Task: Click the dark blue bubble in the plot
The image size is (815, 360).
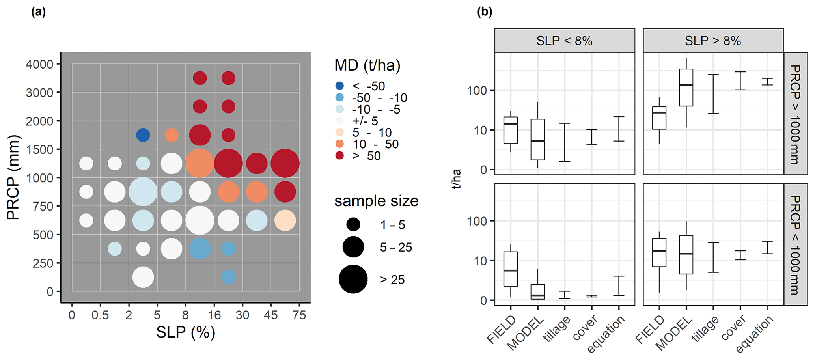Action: pos(143,135)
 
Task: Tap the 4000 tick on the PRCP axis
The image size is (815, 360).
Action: pos(39,64)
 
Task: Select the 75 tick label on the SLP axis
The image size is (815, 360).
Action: pos(299,315)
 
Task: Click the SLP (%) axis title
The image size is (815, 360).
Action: pos(185,332)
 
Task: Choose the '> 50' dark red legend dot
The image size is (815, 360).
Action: pos(339,155)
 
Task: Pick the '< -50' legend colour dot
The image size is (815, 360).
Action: pos(339,86)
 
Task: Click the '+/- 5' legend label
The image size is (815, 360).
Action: pos(365,121)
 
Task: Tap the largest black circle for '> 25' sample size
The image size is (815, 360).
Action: pos(353,279)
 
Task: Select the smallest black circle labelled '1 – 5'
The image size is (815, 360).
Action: pos(353,225)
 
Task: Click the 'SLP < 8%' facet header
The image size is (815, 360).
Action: pos(564,41)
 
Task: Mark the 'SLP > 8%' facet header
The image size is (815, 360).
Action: pos(713,41)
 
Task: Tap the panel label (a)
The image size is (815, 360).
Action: pos(39,12)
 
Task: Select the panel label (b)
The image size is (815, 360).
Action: pos(485,12)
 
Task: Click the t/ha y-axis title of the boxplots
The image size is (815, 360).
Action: pos(457,179)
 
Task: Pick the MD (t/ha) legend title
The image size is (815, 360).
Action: pos(367,65)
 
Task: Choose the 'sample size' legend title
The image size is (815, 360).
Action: pos(376,201)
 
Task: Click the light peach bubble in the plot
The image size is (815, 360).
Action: pos(285,220)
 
